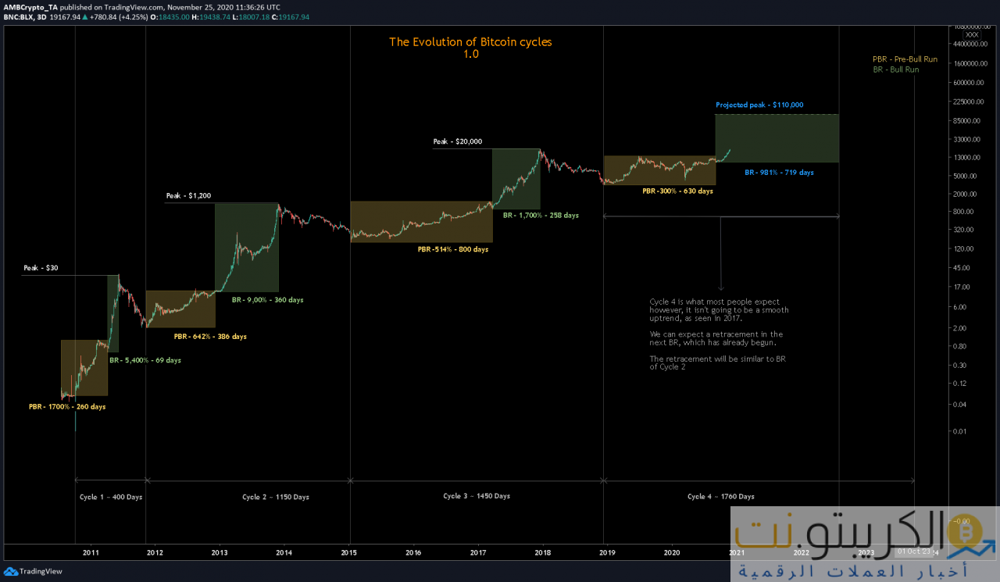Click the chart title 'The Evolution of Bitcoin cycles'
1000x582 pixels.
470,42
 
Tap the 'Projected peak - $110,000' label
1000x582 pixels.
759,105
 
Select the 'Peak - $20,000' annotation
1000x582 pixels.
458,141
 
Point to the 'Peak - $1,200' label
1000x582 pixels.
189,195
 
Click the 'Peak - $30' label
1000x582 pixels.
41,268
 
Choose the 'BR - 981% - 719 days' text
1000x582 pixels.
779,172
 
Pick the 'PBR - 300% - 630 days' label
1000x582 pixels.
677,191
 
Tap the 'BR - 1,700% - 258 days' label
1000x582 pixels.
541,215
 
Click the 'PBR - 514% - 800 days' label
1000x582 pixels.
453,249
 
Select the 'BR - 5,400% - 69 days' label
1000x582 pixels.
145,360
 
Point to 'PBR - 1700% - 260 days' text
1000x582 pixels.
67,406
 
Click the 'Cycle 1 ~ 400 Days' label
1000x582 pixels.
111,496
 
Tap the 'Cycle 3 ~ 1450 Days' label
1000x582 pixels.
477,496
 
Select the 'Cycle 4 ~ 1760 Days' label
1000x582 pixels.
721,496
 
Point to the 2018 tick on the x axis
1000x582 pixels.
544,552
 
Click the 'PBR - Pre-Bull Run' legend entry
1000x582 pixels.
905,59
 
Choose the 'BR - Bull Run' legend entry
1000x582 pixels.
896,70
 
